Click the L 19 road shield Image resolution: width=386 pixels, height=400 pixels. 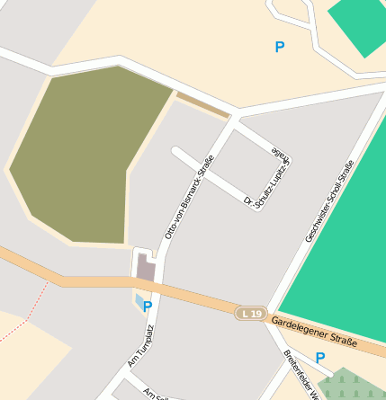click(x=252, y=313)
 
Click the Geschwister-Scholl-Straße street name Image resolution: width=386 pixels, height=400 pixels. click(x=330, y=200)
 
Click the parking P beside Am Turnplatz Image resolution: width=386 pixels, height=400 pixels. click(x=148, y=307)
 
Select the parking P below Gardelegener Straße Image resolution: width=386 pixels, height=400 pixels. click(x=319, y=357)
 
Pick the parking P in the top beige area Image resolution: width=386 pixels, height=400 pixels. click(x=280, y=46)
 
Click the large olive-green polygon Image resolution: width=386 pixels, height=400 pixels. click(x=85, y=153)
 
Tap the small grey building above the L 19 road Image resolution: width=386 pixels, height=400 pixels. click(x=146, y=267)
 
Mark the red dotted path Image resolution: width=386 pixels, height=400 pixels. click(x=27, y=315)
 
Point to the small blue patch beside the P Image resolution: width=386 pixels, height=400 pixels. click(x=138, y=299)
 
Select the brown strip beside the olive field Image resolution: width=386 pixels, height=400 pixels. click(x=202, y=105)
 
